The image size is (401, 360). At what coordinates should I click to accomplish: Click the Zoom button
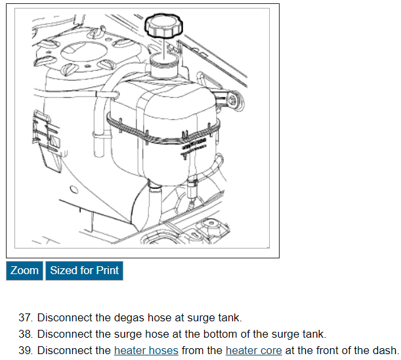pyautogui.click(x=24, y=271)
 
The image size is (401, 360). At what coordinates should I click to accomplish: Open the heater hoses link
pyautogui.click(x=146, y=350)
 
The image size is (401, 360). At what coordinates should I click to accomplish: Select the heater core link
pyautogui.click(x=254, y=350)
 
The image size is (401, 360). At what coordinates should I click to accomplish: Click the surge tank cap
pyautogui.click(x=163, y=26)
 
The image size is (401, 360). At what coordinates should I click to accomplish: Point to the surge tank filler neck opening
pyautogui.click(x=163, y=59)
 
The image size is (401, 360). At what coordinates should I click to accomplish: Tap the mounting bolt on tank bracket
pyautogui.click(x=232, y=100)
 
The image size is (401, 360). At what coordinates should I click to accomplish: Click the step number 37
pyautogui.click(x=26, y=317)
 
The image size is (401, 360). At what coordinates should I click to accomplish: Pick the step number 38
pyautogui.click(x=26, y=334)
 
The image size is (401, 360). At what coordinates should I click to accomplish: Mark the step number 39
pyautogui.click(x=26, y=350)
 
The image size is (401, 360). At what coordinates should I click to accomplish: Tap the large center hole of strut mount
pyautogui.click(x=83, y=52)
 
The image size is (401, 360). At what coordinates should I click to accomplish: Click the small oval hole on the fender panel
pyautogui.click(x=74, y=190)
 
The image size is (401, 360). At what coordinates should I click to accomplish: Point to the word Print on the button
pyautogui.click(x=108, y=270)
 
